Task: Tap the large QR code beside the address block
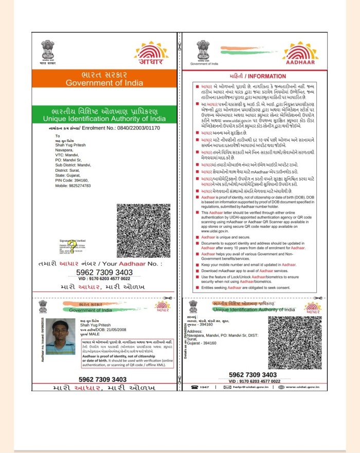tap(143, 230)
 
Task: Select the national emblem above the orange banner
tap(48, 51)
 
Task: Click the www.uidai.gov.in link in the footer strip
tap(305, 387)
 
